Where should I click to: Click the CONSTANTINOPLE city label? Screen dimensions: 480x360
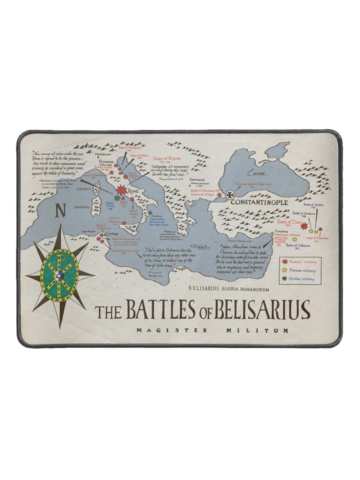pyautogui.click(x=258, y=202)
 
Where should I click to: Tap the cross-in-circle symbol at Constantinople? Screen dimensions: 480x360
pyautogui.click(x=230, y=195)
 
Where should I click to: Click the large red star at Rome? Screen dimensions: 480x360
pyautogui.click(x=121, y=190)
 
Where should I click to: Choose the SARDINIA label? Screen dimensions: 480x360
pyautogui.click(x=82, y=206)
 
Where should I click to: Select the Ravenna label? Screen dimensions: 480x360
pyautogui.click(x=106, y=162)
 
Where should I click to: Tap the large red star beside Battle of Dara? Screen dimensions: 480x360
pyautogui.click(x=303, y=226)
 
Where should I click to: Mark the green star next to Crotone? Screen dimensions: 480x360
pyautogui.click(x=150, y=213)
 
